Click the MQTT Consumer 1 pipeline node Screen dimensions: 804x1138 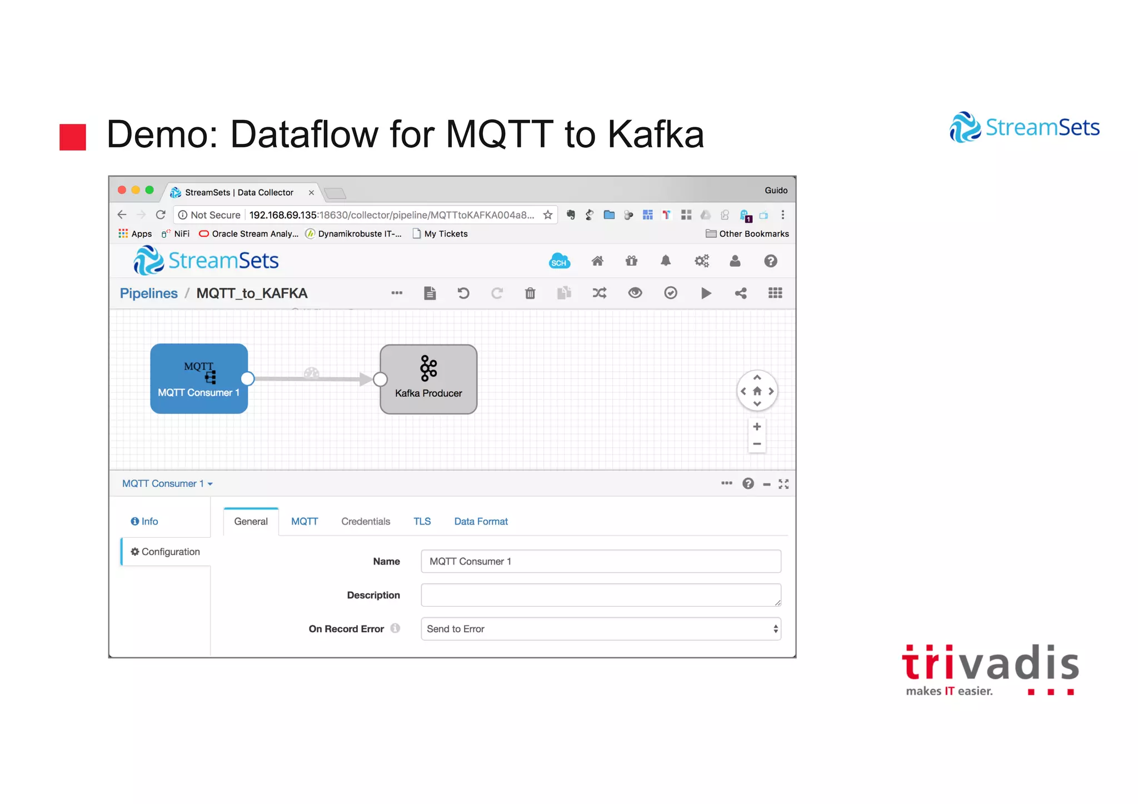click(198, 378)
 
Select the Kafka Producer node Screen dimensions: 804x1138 click(428, 379)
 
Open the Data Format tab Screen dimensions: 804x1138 click(481, 521)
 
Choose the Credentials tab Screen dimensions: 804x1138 click(366, 521)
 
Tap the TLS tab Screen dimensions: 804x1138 click(422, 521)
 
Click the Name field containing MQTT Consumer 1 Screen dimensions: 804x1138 click(600, 561)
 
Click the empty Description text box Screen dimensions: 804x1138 click(600, 595)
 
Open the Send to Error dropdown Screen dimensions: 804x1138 click(600, 629)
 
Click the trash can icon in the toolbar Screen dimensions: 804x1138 click(530, 293)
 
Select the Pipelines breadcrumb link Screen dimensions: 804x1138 click(148, 293)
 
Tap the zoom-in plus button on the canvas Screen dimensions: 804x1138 click(757, 427)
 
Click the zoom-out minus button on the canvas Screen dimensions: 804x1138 click(757, 444)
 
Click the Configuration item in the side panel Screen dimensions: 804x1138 click(166, 552)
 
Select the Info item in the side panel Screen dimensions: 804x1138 click(144, 521)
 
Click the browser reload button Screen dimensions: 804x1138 click(161, 215)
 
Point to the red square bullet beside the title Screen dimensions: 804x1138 click(73, 137)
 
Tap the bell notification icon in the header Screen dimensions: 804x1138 click(666, 261)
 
